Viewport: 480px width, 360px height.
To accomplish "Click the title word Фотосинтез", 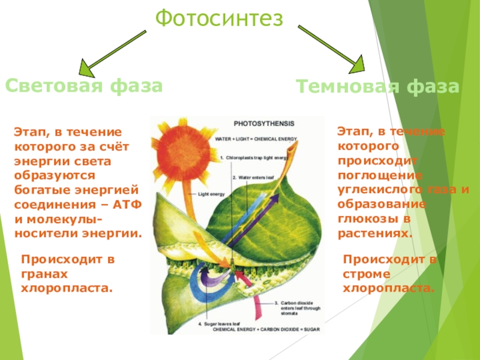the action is [x=218, y=19].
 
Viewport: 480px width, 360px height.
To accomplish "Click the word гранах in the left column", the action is [x=44, y=274].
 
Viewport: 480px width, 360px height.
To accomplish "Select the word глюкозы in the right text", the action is [x=364, y=219].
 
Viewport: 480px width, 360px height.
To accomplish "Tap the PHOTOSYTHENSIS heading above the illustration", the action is [x=264, y=124].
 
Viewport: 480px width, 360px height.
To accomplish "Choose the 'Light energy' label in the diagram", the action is [x=211, y=194].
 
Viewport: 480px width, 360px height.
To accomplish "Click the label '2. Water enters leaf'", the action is [x=253, y=178].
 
